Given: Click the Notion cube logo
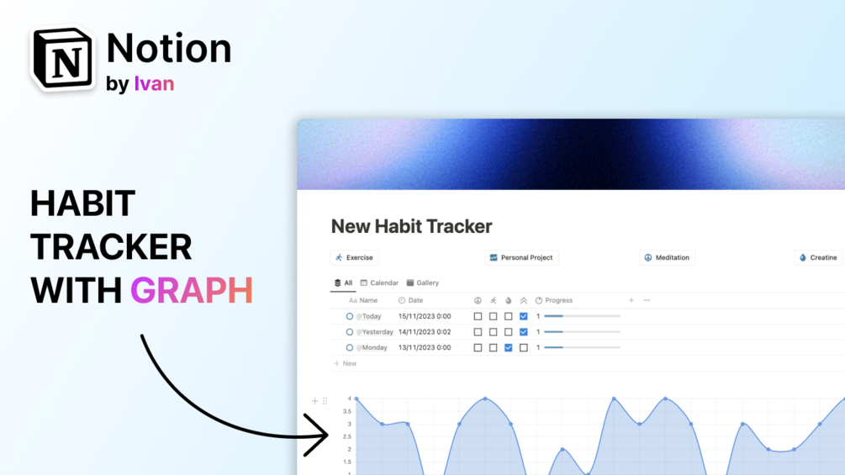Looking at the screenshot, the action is [62, 58].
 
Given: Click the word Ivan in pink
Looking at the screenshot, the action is [154, 83].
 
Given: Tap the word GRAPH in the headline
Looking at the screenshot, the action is [192, 291].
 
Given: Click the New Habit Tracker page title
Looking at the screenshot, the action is [411, 226].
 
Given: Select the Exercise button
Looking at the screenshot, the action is [355, 257].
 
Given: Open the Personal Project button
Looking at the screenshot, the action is [521, 257].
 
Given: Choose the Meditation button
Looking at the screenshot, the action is [667, 257].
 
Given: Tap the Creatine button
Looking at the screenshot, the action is [818, 257].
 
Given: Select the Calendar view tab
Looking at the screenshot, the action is [379, 282].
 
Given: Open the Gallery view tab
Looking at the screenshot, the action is [422, 282].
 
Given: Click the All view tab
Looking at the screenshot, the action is [343, 282].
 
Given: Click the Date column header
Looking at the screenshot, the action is [410, 300].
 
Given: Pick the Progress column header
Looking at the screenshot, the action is [554, 300].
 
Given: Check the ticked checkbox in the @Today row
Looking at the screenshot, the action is [523, 316].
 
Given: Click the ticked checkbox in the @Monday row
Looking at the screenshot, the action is [508, 348].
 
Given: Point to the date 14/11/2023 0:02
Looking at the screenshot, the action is [425, 332].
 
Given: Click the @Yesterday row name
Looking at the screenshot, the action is [374, 332].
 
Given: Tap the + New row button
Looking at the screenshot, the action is [345, 363].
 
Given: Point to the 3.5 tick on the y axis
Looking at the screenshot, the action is [347, 411].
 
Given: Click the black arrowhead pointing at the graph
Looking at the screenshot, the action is [319, 435].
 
